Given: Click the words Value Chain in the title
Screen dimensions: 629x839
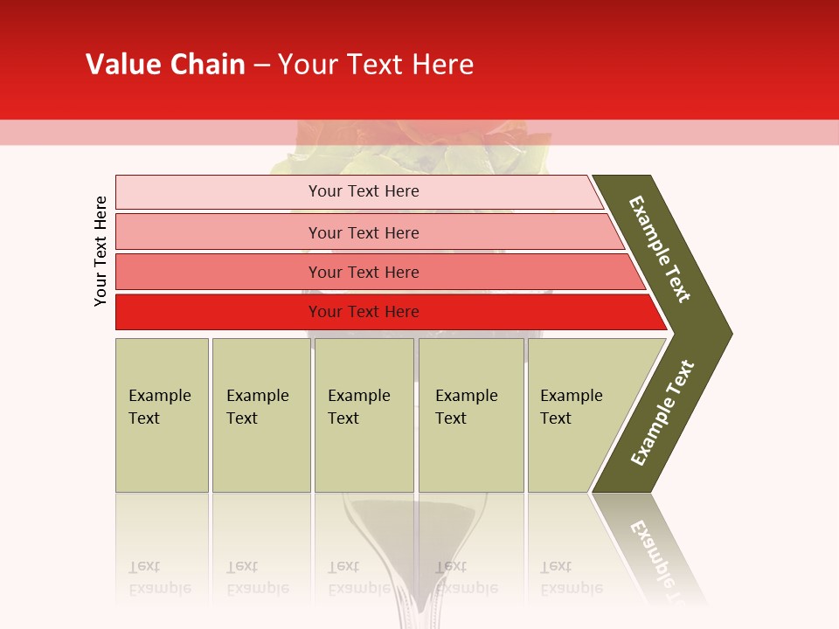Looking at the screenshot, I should tap(165, 65).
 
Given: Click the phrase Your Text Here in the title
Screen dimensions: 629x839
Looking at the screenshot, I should tap(376, 65).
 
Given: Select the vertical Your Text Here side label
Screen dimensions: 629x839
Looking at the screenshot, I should tap(101, 251).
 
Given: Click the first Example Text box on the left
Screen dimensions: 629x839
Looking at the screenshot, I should tap(162, 415).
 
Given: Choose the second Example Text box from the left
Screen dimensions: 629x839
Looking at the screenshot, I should tap(260, 415).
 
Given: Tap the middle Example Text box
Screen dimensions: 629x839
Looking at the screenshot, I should tap(364, 415).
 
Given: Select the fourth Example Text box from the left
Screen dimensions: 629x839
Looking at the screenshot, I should tap(470, 415).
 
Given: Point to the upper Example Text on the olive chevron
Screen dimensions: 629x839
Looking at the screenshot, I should tap(660, 250).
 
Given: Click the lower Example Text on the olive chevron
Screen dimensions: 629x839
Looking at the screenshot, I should tap(662, 413).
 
